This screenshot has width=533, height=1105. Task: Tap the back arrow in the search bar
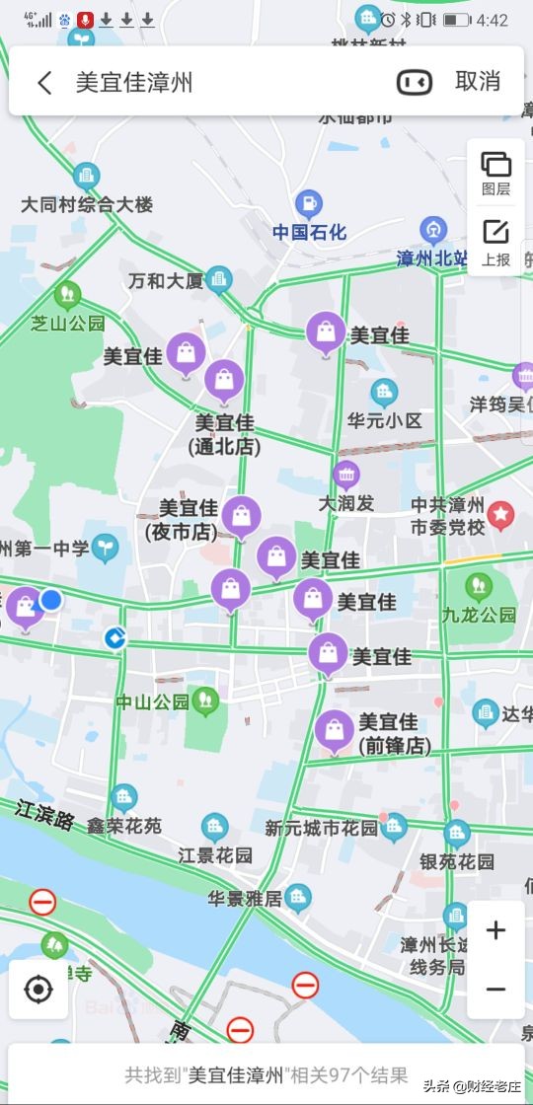tap(44, 82)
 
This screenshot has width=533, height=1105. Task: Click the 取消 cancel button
tap(478, 82)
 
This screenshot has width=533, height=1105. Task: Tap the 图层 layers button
tap(495, 173)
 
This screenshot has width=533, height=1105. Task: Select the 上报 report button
tap(495, 242)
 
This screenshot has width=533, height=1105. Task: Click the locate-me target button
tap(38, 989)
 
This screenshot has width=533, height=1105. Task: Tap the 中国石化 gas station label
tap(310, 233)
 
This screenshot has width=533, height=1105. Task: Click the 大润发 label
tap(345, 502)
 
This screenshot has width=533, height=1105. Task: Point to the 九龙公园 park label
tap(479, 614)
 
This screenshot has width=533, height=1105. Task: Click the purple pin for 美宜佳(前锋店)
tap(335, 731)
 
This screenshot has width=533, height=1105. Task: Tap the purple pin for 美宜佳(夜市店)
tap(241, 516)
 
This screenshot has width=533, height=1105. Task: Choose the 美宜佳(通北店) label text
tap(225, 434)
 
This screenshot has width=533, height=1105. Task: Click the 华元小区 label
tap(385, 420)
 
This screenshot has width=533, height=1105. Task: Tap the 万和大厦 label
tap(165, 281)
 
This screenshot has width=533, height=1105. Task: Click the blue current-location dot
tap(50, 600)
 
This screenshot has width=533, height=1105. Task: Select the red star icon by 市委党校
tap(501, 513)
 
